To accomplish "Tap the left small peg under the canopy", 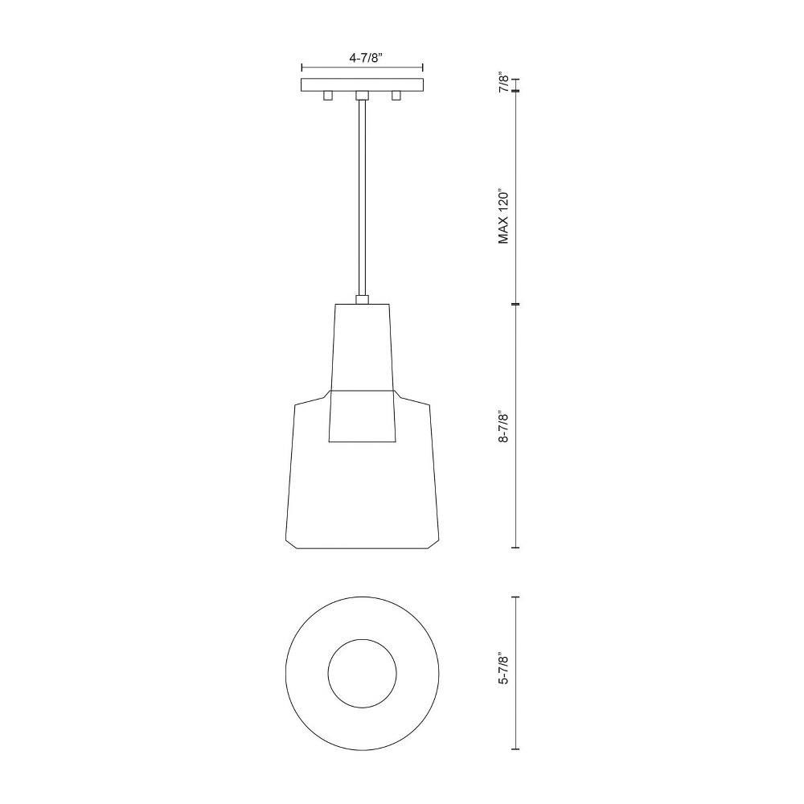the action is tap(328, 96).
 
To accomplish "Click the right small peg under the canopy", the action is tap(396, 96).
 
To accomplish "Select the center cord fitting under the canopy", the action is tap(362, 96).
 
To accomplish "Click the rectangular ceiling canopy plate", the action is tap(362, 85).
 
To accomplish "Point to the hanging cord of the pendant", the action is tap(362, 198).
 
